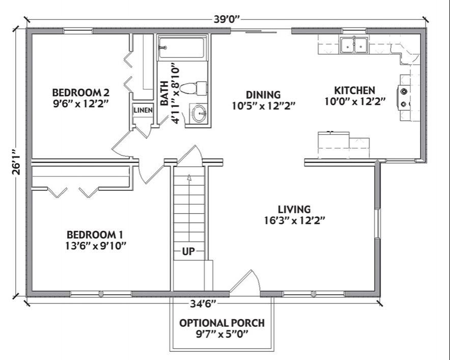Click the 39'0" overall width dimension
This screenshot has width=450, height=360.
point(226,19)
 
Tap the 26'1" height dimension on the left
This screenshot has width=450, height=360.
point(17,162)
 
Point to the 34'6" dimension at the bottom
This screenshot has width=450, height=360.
point(203,304)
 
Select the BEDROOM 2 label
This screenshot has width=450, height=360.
point(81,92)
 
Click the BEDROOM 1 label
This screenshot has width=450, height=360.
point(95,235)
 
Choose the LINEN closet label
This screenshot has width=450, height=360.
point(143,110)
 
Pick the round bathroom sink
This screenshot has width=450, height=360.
point(199,114)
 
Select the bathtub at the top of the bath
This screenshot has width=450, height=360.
point(182,47)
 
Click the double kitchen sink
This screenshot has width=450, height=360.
point(354,45)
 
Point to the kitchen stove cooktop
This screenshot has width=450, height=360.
point(404,98)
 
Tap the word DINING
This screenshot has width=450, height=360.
point(263,95)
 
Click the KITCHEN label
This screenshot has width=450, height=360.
point(354,90)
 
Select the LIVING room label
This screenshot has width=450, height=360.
point(294,209)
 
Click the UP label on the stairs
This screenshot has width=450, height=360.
point(188,251)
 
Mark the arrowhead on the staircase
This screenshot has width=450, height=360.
point(189,177)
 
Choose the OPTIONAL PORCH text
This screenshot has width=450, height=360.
point(222,323)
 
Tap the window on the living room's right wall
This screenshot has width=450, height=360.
point(378,223)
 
